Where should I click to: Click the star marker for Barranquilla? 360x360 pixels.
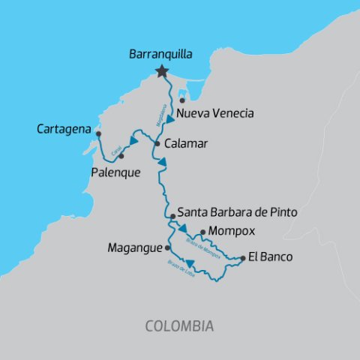click(161, 71)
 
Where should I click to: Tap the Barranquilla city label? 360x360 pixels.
click(161, 55)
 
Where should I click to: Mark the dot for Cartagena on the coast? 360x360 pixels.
click(98, 133)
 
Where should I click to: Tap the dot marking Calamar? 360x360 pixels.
click(157, 142)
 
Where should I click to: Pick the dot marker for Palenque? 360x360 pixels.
click(121, 156)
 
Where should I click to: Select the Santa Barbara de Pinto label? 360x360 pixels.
click(238, 213)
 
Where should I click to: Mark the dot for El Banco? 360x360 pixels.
click(243, 258)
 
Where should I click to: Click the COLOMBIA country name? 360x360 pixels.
click(179, 326)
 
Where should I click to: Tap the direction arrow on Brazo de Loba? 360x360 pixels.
click(190, 262)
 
